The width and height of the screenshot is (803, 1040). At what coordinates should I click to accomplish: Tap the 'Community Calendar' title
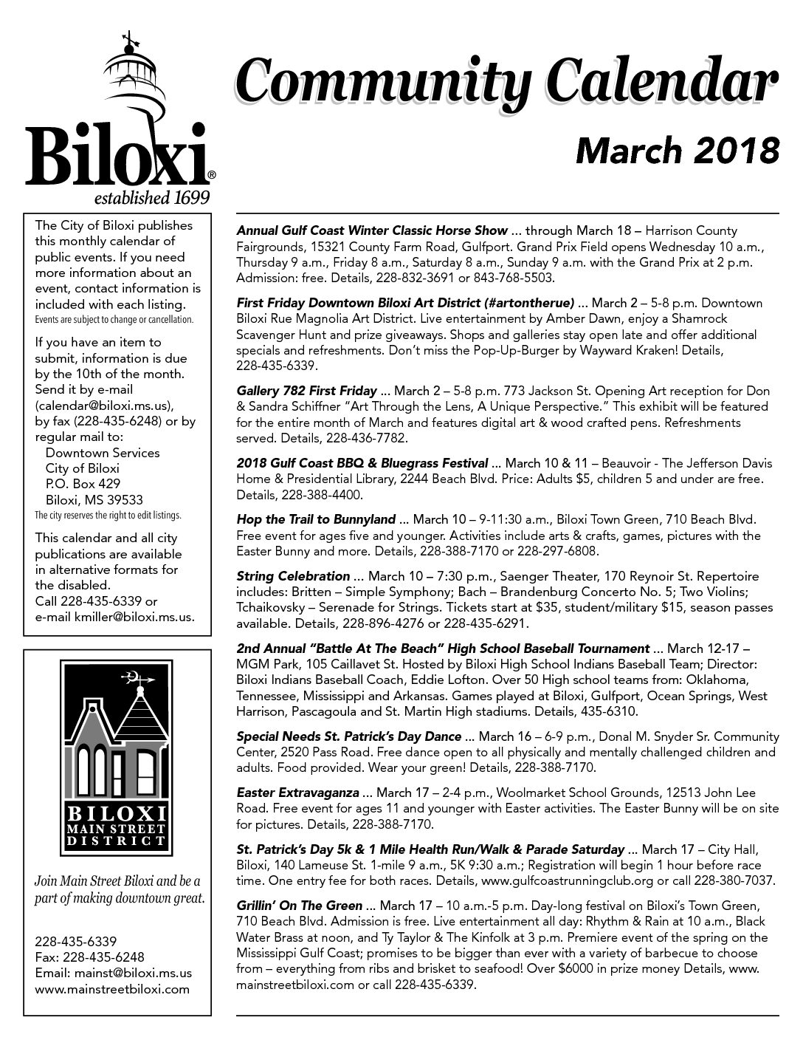point(506,83)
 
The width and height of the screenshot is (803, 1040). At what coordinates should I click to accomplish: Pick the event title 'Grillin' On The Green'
point(300,906)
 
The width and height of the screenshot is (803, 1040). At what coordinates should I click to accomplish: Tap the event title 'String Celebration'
point(293,575)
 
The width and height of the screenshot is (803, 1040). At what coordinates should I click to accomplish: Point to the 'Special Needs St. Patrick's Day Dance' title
point(349,736)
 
